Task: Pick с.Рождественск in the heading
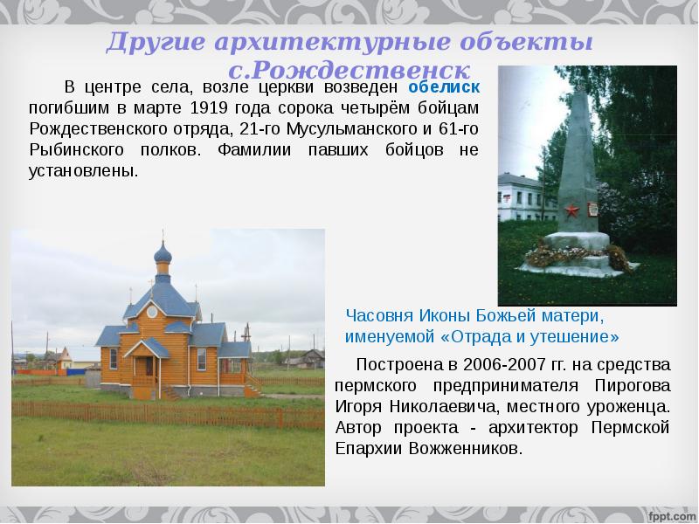(349, 70)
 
